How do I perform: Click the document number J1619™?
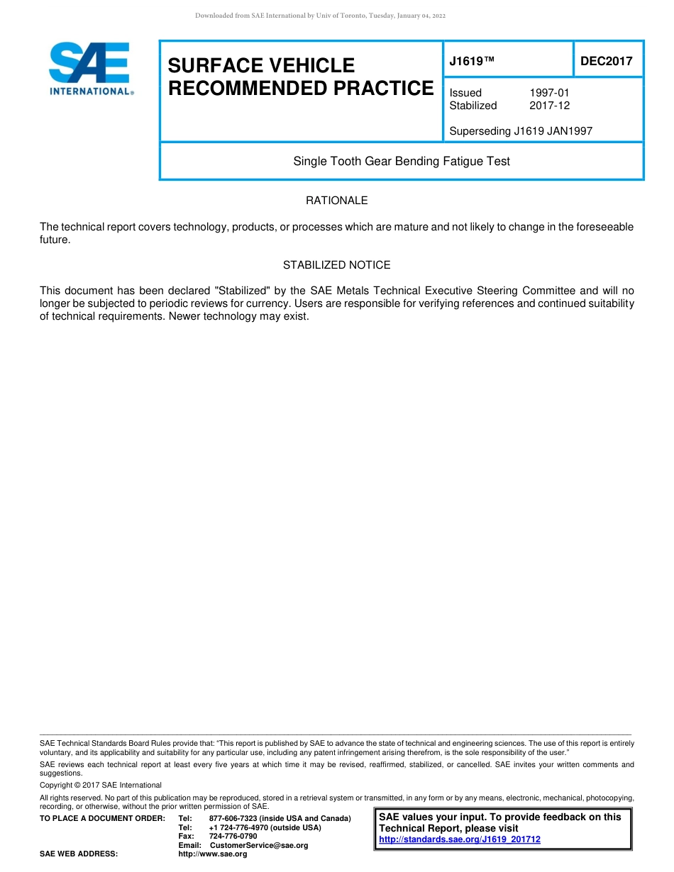click(x=472, y=62)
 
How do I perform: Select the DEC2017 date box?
click(x=607, y=61)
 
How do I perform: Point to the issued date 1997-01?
click(x=549, y=93)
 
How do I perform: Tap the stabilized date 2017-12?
click(x=549, y=106)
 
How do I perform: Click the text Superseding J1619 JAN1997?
click(x=521, y=131)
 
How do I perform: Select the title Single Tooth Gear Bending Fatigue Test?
click(x=402, y=162)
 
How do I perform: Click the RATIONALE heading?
click(x=336, y=201)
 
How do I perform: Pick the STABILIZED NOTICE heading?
click(x=336, y=265)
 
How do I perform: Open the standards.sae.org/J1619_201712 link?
click(x=460, y=839)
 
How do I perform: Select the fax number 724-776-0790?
click(x=233, y=837)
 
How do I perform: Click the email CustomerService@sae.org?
click(x=259, y=846)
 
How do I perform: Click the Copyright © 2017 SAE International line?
click(x=101, y=786)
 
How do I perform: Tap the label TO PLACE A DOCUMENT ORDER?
click(x=102, y=819)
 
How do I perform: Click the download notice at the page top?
click(x=320, y=16)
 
